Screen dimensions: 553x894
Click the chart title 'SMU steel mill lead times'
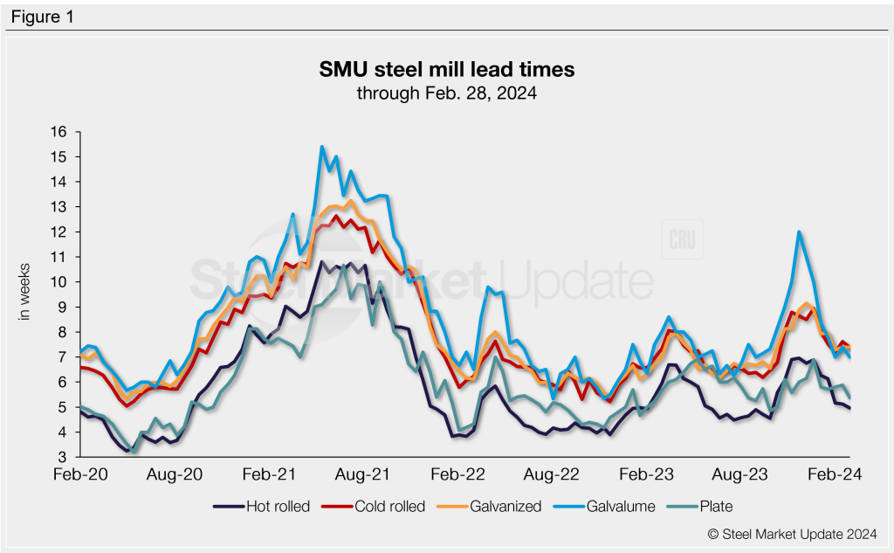click(446, 68)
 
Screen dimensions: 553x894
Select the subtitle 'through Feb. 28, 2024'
click(446, 92)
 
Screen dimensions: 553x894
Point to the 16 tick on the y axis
click(60, 133)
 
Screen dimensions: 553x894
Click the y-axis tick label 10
click(60, 282)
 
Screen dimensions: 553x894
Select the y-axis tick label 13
click(60, 207)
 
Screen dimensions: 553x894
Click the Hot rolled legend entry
click(262, 506)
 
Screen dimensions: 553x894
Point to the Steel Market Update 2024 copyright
click(792, 532)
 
